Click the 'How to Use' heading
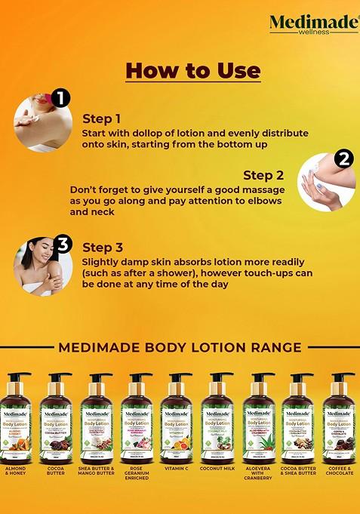[192, 71]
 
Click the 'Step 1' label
[101, 118]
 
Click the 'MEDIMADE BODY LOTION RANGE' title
[180, 347]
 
